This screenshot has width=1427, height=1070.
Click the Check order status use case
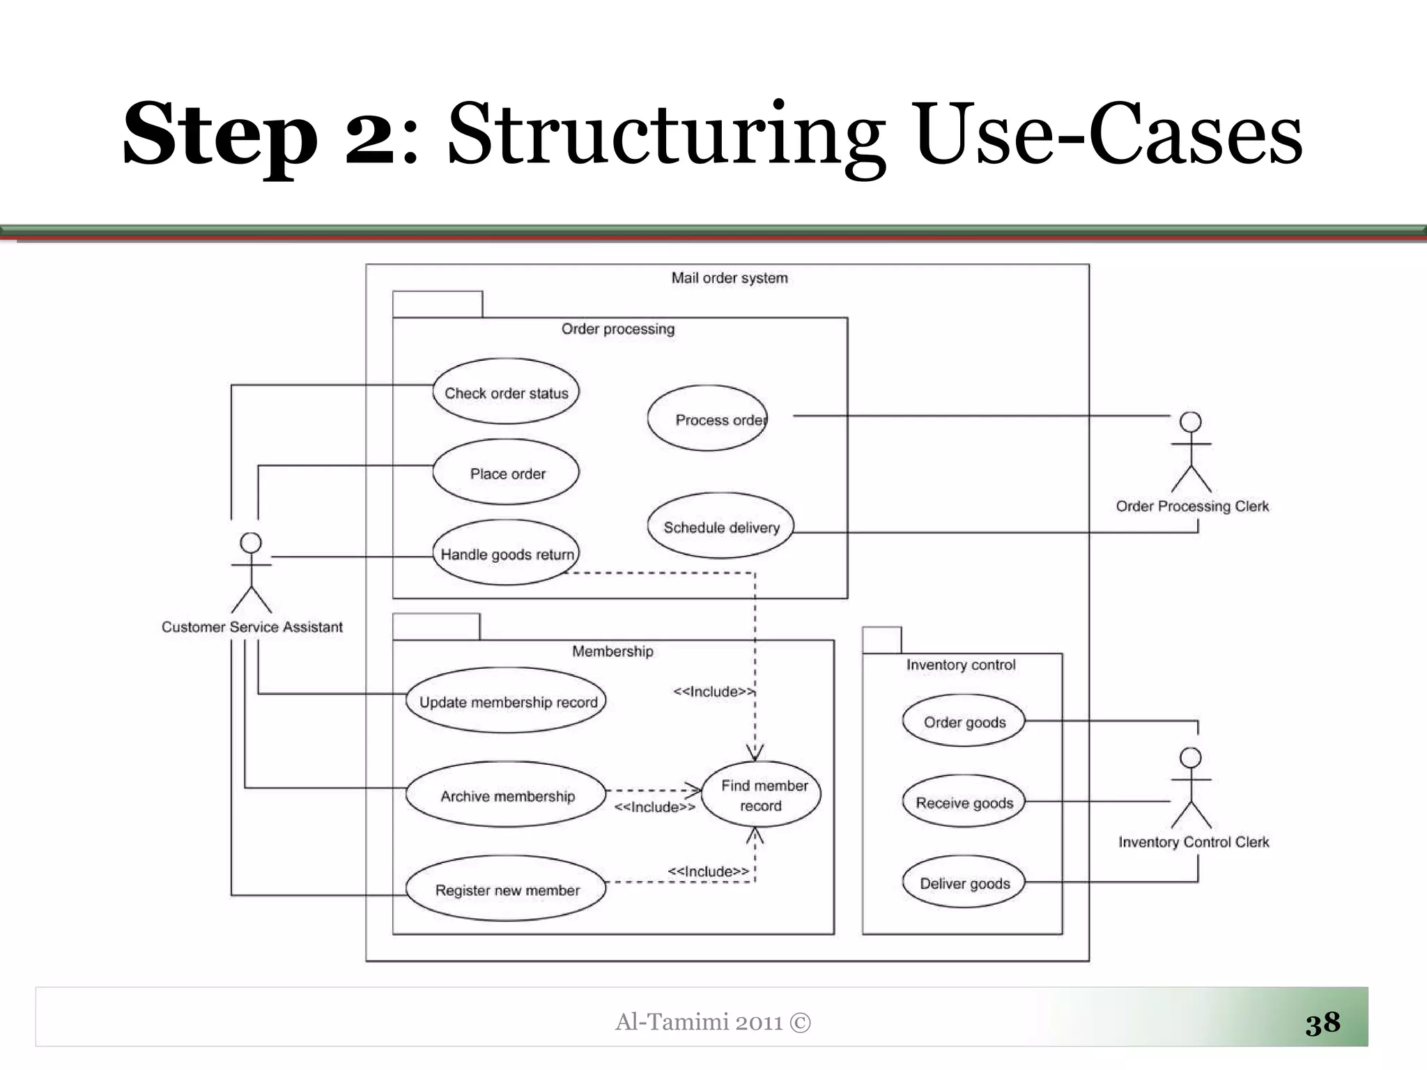click(x=506, y=392)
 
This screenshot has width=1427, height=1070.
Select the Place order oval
click(x=506, y=473)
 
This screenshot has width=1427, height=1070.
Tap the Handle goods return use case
click(x=506, y=554)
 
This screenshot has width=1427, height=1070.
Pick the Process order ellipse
click(x=708, y=419)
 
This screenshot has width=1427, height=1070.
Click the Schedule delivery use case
click(x=721, y=527)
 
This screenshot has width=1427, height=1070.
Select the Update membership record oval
click(x=507, y=701)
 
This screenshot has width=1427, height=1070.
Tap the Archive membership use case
click(x=507, y=796)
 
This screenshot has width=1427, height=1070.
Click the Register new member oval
click(x=507, y=890)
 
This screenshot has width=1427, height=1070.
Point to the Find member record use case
click(x=762, y=795)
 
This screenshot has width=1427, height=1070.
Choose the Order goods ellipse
click(x=964, y=722)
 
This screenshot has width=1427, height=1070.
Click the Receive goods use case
click(x=964, y=802)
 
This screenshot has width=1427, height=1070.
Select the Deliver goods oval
click(x=964, y=883)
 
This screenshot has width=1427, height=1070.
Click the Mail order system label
click(x=730, y=278)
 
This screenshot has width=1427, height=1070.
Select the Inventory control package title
click(x=960, y=665)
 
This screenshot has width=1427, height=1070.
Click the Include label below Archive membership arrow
click(x=654, y=807)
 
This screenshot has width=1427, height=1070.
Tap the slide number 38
click(x=1322, y=1023)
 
